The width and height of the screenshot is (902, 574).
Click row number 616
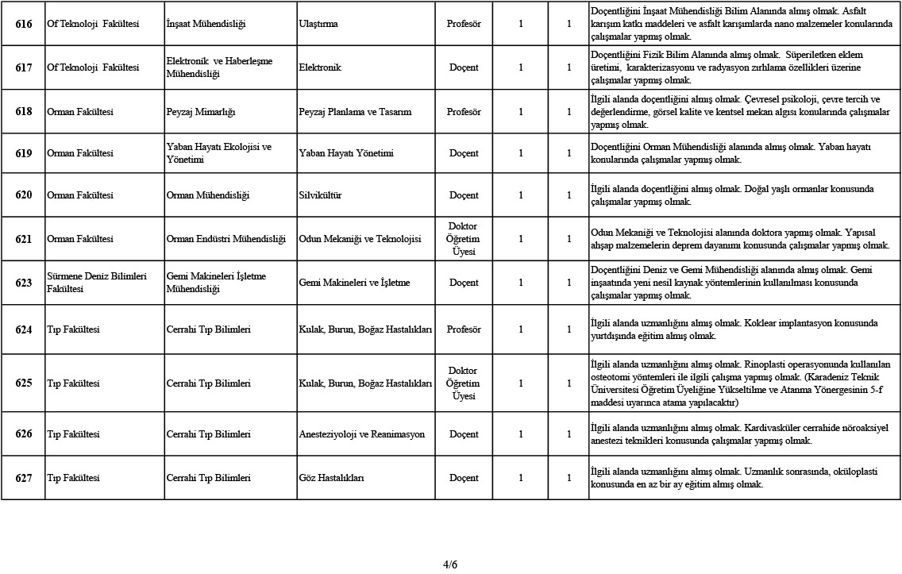(24, 24)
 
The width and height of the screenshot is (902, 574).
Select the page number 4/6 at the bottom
(450, 564)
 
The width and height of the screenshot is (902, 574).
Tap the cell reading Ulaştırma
(318, 24)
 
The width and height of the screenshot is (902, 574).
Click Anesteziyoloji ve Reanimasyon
(361, 434)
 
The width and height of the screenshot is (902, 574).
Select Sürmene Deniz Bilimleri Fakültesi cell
(98, 283)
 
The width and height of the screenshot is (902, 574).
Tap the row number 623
(24, 283)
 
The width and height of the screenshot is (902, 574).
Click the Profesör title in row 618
(464, 112)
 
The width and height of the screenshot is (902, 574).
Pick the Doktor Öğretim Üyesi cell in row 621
(464, 239)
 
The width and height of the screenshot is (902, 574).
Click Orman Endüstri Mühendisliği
(225, 239)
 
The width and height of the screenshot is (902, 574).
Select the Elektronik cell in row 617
(320, 67)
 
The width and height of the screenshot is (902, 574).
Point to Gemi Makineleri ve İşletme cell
(354, 283)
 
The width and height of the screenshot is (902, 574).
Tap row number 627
(24, 478)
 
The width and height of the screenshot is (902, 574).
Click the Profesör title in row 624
(464, 329)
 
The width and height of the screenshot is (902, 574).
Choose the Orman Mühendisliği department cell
(208, 195)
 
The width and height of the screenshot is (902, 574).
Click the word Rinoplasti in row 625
(767, 364)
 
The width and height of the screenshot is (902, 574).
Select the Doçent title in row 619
(464, 153)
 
